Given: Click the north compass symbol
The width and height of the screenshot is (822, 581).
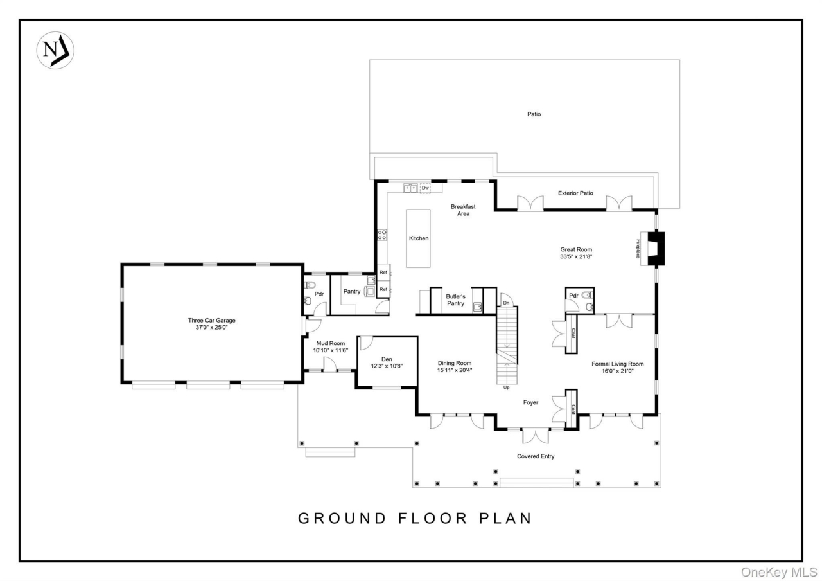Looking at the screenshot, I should (x=55, y=50).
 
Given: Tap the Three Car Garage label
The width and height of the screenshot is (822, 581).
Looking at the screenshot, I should (x=211, y=320).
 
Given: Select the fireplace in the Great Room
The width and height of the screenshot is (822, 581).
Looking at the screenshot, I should (x=656, y=249).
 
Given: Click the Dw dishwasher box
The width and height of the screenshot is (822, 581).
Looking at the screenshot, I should (x=425, y=188).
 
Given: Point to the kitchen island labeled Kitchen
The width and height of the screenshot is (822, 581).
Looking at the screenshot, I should (x=419, y=238).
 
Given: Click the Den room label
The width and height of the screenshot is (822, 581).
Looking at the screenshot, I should (x=386, y=359).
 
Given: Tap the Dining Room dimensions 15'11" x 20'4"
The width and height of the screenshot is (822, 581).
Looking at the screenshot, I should (x=455, y=370).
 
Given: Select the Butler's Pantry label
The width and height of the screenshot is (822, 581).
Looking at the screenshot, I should (x=455, y=299).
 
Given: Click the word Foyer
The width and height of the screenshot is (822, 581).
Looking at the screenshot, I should (x=530, y=402).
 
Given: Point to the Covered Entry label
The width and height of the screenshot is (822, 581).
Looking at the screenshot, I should (x=536, y=456).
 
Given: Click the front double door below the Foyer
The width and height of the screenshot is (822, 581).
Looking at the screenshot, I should (x=535, y=435).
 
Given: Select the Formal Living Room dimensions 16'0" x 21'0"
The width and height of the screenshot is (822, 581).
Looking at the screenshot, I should (x=617, y=371).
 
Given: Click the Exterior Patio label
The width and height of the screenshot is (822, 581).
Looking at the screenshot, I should (x=575, y=193).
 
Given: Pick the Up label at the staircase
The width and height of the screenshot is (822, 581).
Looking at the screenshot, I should (x=507, y=388).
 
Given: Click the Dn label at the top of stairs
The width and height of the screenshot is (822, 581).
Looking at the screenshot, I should (x=506, y=303).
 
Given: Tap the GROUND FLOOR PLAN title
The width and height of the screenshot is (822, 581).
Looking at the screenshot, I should (x=415, y=518).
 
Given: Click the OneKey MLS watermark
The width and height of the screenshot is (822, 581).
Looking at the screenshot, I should (x=778, y=571).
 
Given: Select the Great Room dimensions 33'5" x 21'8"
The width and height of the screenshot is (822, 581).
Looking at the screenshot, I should (x=575, y=256).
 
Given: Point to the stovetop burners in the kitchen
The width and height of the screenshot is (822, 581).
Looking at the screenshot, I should (x=381, y=235).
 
